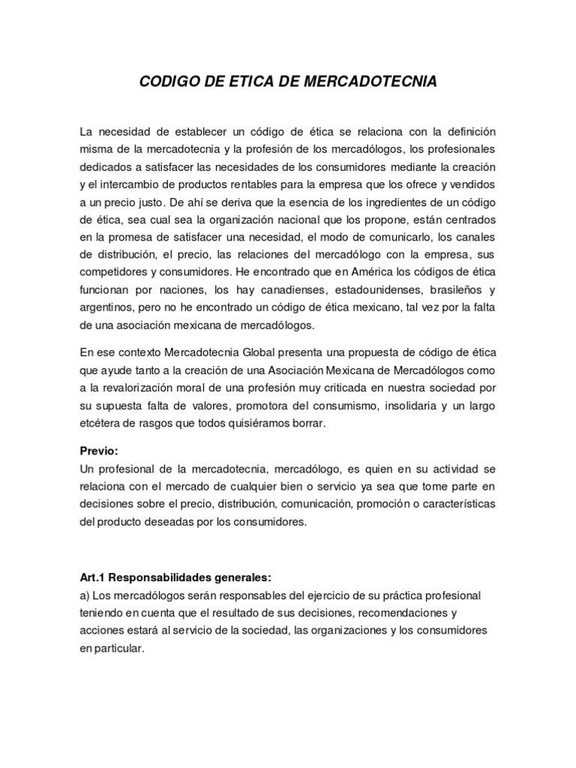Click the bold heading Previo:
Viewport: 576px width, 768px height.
[99, 453]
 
